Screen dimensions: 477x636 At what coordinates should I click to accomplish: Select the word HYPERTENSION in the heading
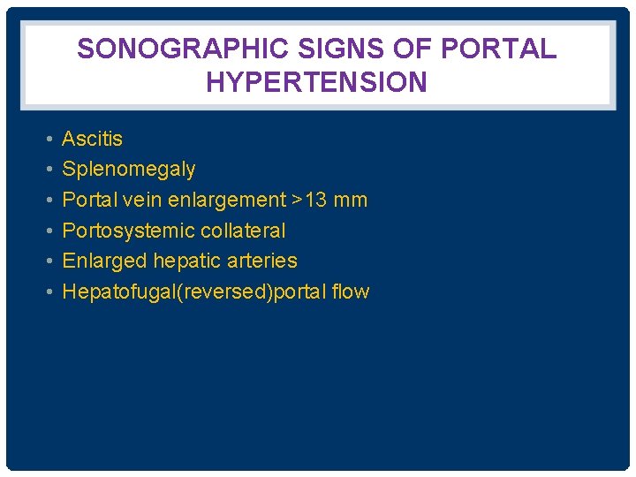317,82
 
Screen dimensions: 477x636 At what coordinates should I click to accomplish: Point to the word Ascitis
92,139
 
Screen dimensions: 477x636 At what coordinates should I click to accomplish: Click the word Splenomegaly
129,169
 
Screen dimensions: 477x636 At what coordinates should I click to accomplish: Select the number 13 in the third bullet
317,200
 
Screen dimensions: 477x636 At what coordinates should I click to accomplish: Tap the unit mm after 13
352,200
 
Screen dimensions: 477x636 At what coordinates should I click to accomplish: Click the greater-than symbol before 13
297,200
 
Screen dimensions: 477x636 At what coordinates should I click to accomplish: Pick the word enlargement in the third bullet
227,200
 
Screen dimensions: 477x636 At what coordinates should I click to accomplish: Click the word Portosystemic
125,231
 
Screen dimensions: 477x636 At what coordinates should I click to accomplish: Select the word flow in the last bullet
352,291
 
